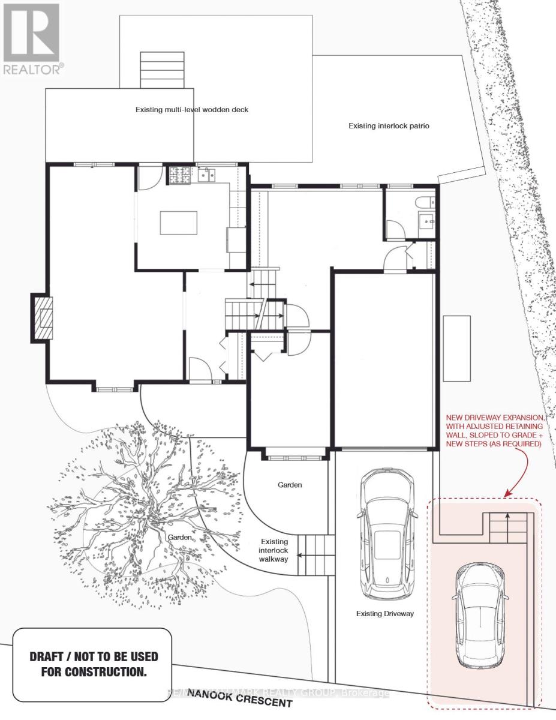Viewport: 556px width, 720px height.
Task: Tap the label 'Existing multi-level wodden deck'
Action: pos(191,110)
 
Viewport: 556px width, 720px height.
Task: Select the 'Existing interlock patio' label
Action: pos(389,126)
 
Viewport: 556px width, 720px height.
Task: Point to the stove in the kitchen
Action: pos(179,175)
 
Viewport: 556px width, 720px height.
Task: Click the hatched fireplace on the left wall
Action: pos(43,318)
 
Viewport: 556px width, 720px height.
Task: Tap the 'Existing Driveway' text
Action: pos(384,614)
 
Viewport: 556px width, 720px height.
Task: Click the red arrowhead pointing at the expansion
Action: pos(507,494)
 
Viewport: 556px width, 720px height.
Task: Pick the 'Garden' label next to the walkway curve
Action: pos(290,485)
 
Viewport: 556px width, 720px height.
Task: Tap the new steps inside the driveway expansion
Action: pos(507,528)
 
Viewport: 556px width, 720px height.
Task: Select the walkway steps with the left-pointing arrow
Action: pos(316,555)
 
